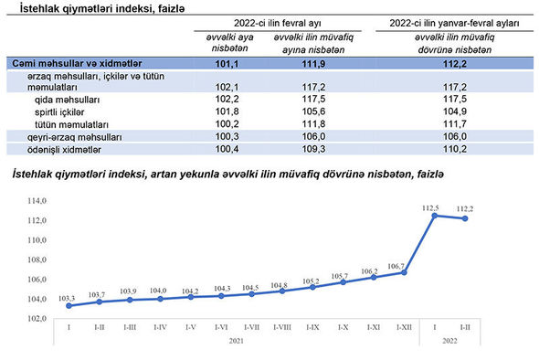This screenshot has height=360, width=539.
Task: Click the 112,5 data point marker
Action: point(435,216)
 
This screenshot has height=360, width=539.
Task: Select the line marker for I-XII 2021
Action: point(404,272)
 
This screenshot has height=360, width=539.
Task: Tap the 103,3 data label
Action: point(67,299)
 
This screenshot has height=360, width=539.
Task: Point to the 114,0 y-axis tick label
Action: point(37,201)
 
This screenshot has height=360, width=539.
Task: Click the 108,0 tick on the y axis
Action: point(37,259)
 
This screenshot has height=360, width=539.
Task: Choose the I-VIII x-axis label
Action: point(282,327)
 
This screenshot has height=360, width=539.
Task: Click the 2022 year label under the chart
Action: point(449,341)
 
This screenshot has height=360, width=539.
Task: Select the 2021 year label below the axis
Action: point(237,341)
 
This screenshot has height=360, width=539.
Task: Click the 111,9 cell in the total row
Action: point(313,64)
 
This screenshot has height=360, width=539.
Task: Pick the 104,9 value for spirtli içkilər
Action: point(454,111)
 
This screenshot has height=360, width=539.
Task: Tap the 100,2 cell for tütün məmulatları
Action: point(227,123)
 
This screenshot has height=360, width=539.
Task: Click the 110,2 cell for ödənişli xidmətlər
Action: point(454,149)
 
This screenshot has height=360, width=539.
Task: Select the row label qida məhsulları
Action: point(67,101)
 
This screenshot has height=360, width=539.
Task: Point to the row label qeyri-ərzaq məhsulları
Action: point(75,137)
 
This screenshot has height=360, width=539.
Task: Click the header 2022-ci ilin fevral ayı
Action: point(278,23)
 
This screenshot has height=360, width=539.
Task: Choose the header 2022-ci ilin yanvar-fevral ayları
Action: point(454,23)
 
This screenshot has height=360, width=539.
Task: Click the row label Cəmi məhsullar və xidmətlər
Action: point(77,64)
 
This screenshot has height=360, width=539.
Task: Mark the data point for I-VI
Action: point(221,296)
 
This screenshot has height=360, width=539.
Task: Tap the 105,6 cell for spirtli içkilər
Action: point(313,111)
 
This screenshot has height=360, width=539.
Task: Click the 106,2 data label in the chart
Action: point(369,271)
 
